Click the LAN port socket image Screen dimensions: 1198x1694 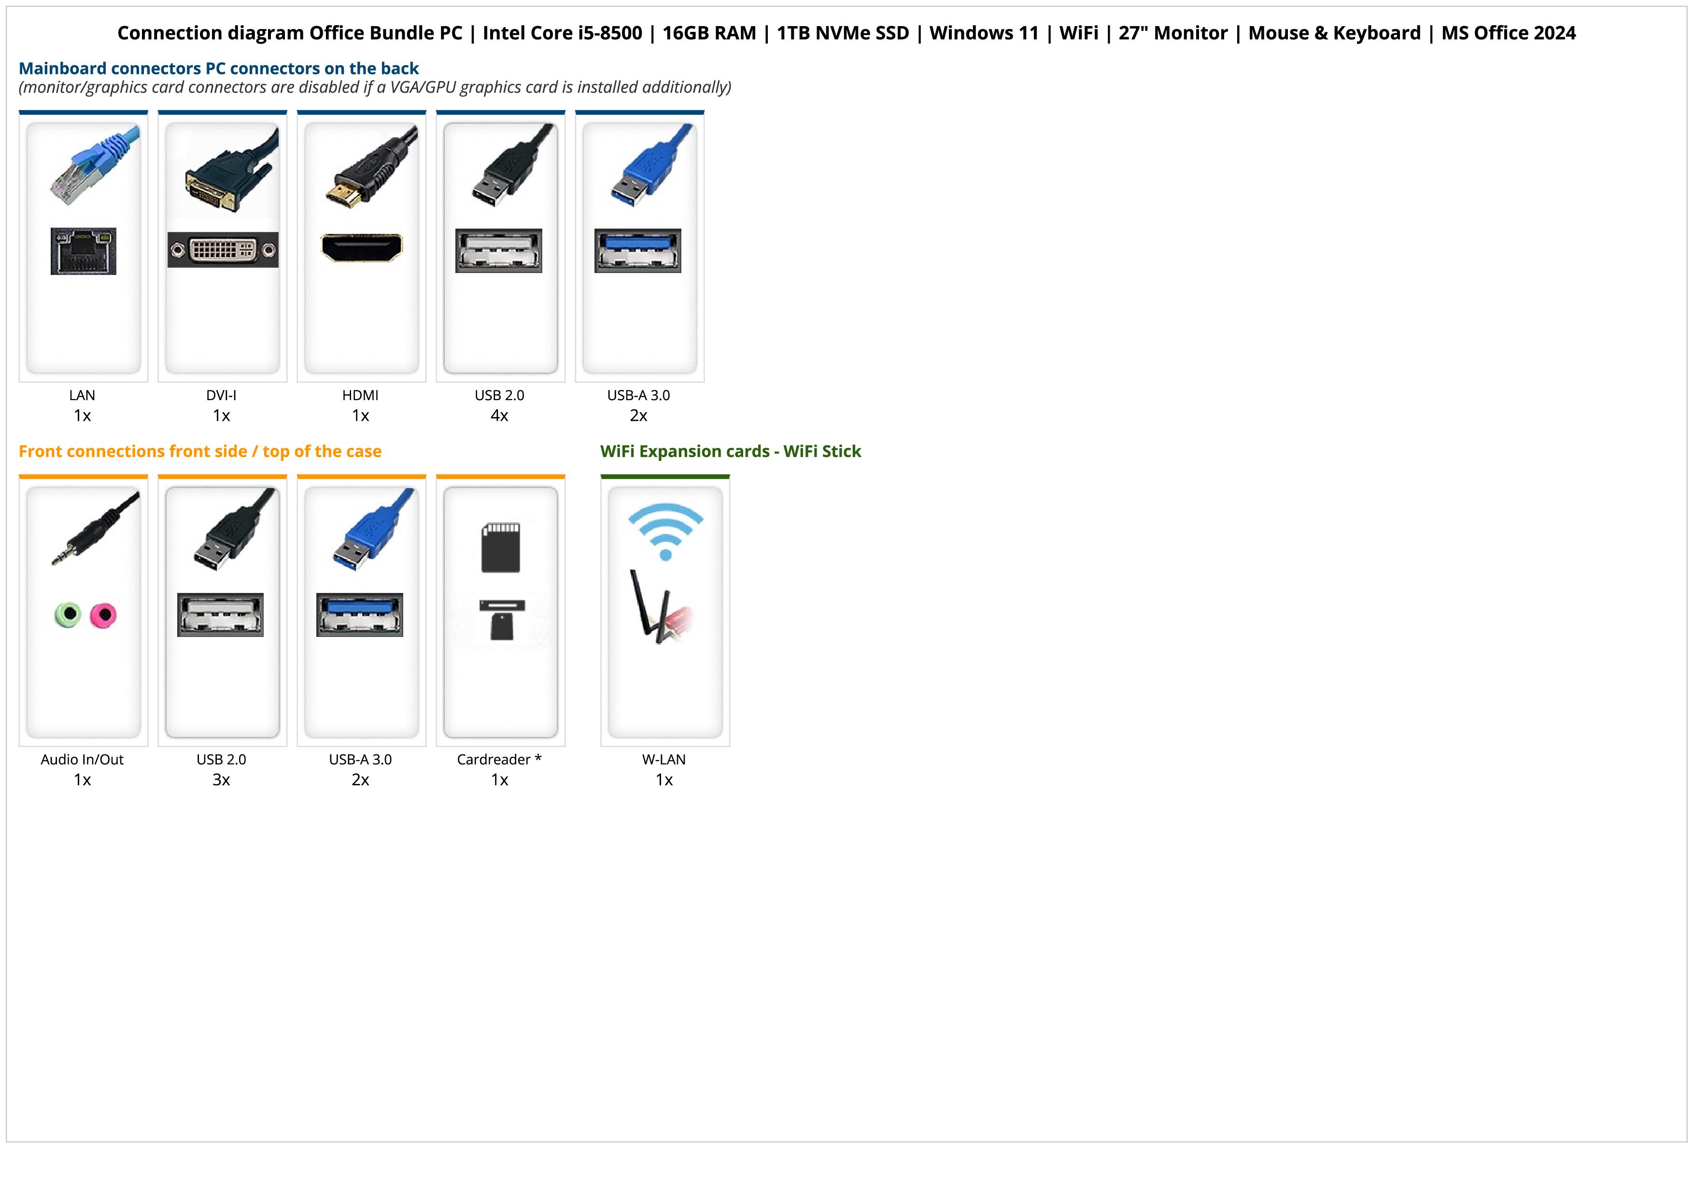coord(84,251)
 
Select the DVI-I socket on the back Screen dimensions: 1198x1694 coord(223,249)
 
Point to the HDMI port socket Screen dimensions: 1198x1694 coord(362,247)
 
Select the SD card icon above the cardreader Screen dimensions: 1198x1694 coord(501,548)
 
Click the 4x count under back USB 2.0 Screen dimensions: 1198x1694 coord(499,416)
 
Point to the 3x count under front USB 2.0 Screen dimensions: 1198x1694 coord(221,779)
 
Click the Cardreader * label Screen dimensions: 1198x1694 coord(499,760)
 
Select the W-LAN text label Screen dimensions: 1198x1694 coord(664,760)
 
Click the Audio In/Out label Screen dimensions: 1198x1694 coord(83,760)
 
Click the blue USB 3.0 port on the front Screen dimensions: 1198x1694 coord(360,614)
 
